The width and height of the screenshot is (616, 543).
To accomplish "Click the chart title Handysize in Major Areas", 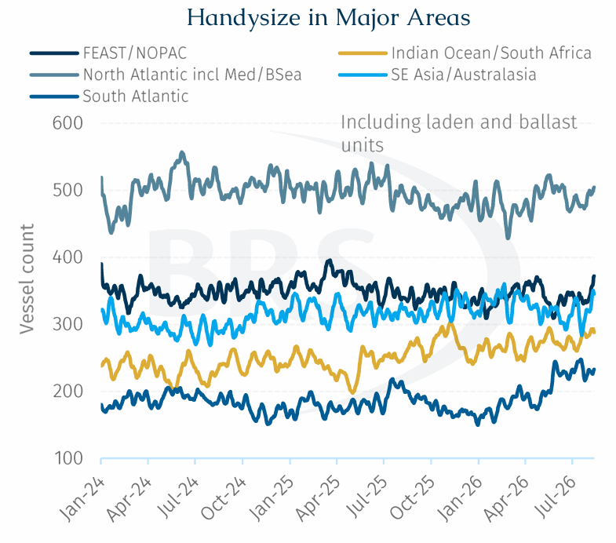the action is (x=329, y=18).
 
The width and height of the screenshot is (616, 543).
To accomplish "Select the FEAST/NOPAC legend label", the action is (x=135, y=53).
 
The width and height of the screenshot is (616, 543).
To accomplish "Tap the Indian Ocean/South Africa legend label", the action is (x=491, y=53).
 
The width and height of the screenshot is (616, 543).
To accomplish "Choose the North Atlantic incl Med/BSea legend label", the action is (x=192, y=75).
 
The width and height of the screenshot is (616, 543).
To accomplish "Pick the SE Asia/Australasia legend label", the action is (x=464, y=75).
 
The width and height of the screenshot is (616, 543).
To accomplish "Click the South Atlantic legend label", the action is (x=136, y=97).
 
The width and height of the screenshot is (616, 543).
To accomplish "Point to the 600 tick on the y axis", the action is (x=67, y=123).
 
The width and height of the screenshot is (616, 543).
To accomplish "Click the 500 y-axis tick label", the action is (x=67, y=191).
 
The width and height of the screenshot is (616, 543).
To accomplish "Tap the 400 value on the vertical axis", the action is (x=67, y=257).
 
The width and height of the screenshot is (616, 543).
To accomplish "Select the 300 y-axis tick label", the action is (x=67, y=325).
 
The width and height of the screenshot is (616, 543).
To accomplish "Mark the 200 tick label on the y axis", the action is (x=67, y=392).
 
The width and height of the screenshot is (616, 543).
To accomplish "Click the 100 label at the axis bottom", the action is (x=68, y=458).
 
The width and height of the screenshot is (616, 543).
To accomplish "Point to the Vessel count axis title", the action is (x=27, y=279).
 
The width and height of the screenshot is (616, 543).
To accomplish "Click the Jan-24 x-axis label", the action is (x=82, y=499).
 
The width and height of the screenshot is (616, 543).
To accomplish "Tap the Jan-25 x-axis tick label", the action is (x=272, y=499).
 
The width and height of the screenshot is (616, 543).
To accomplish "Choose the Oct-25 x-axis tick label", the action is (x=413, y=498).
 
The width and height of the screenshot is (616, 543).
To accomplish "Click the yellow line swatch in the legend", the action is (x=363, y=53).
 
